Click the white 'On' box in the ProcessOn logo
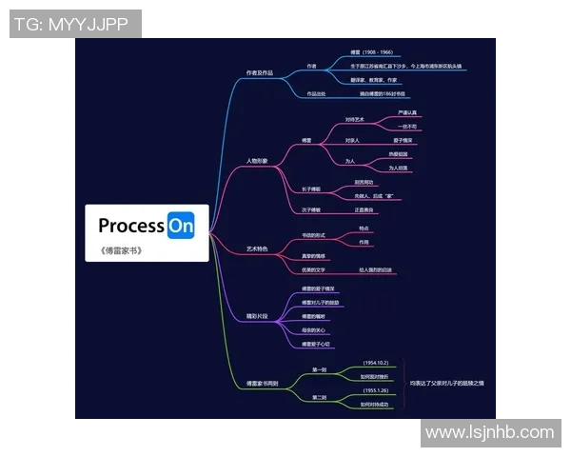coord(181,226)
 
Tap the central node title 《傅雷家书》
coord(120,251)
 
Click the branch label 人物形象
coord(257,161)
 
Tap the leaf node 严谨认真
coord(406,112)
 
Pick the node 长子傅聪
coord(311,189)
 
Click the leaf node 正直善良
coord(364,209)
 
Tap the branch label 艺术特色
coord(257,248)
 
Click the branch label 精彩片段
coord(258,312)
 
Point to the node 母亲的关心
coord(314,330)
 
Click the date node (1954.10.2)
coord(376,363)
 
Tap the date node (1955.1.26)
coord(376,390)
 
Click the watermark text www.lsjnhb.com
coord(489,432)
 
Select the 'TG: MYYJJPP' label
coord(75,24)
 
